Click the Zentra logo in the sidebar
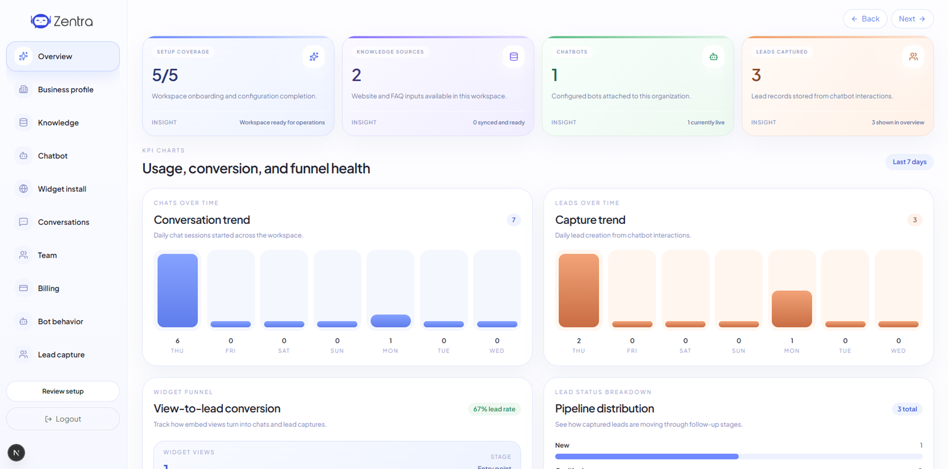[62, 21]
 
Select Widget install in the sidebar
[62, 189]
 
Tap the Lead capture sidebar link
[61, 355]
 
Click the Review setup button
[63, 391]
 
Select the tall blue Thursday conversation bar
[177, 290]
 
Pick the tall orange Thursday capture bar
[579, 290]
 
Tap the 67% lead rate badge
[494, 409]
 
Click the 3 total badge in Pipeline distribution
[907, 409]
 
